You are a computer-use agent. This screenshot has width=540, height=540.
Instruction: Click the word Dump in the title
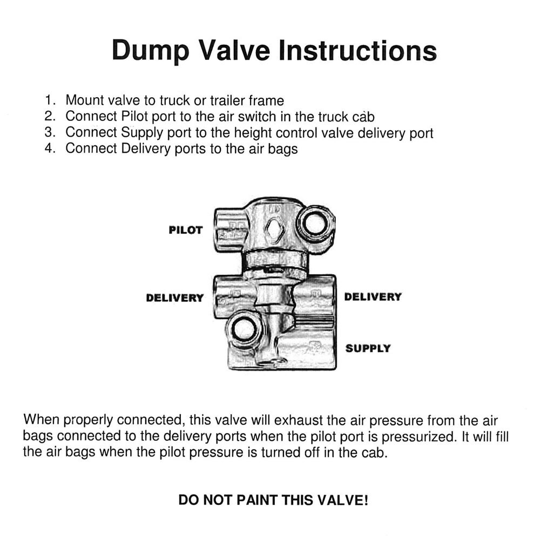pos(150,51)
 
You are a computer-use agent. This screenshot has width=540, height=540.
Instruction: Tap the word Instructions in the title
pos(357,51)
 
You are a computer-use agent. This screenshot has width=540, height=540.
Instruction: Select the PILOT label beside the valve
pos(185,230)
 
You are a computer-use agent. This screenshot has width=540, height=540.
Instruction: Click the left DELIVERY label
pos(174,298)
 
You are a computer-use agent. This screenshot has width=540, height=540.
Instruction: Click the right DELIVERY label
pos(373,297)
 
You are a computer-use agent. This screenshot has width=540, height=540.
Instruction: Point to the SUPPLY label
pos(368,348)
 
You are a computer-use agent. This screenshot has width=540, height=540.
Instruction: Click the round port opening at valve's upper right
pos(315,224)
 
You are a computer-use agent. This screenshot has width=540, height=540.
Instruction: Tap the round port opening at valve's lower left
pos(243,329)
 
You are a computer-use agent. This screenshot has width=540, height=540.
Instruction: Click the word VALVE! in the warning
pos(344,500)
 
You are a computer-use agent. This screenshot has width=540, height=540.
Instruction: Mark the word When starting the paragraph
pos(42,420)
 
